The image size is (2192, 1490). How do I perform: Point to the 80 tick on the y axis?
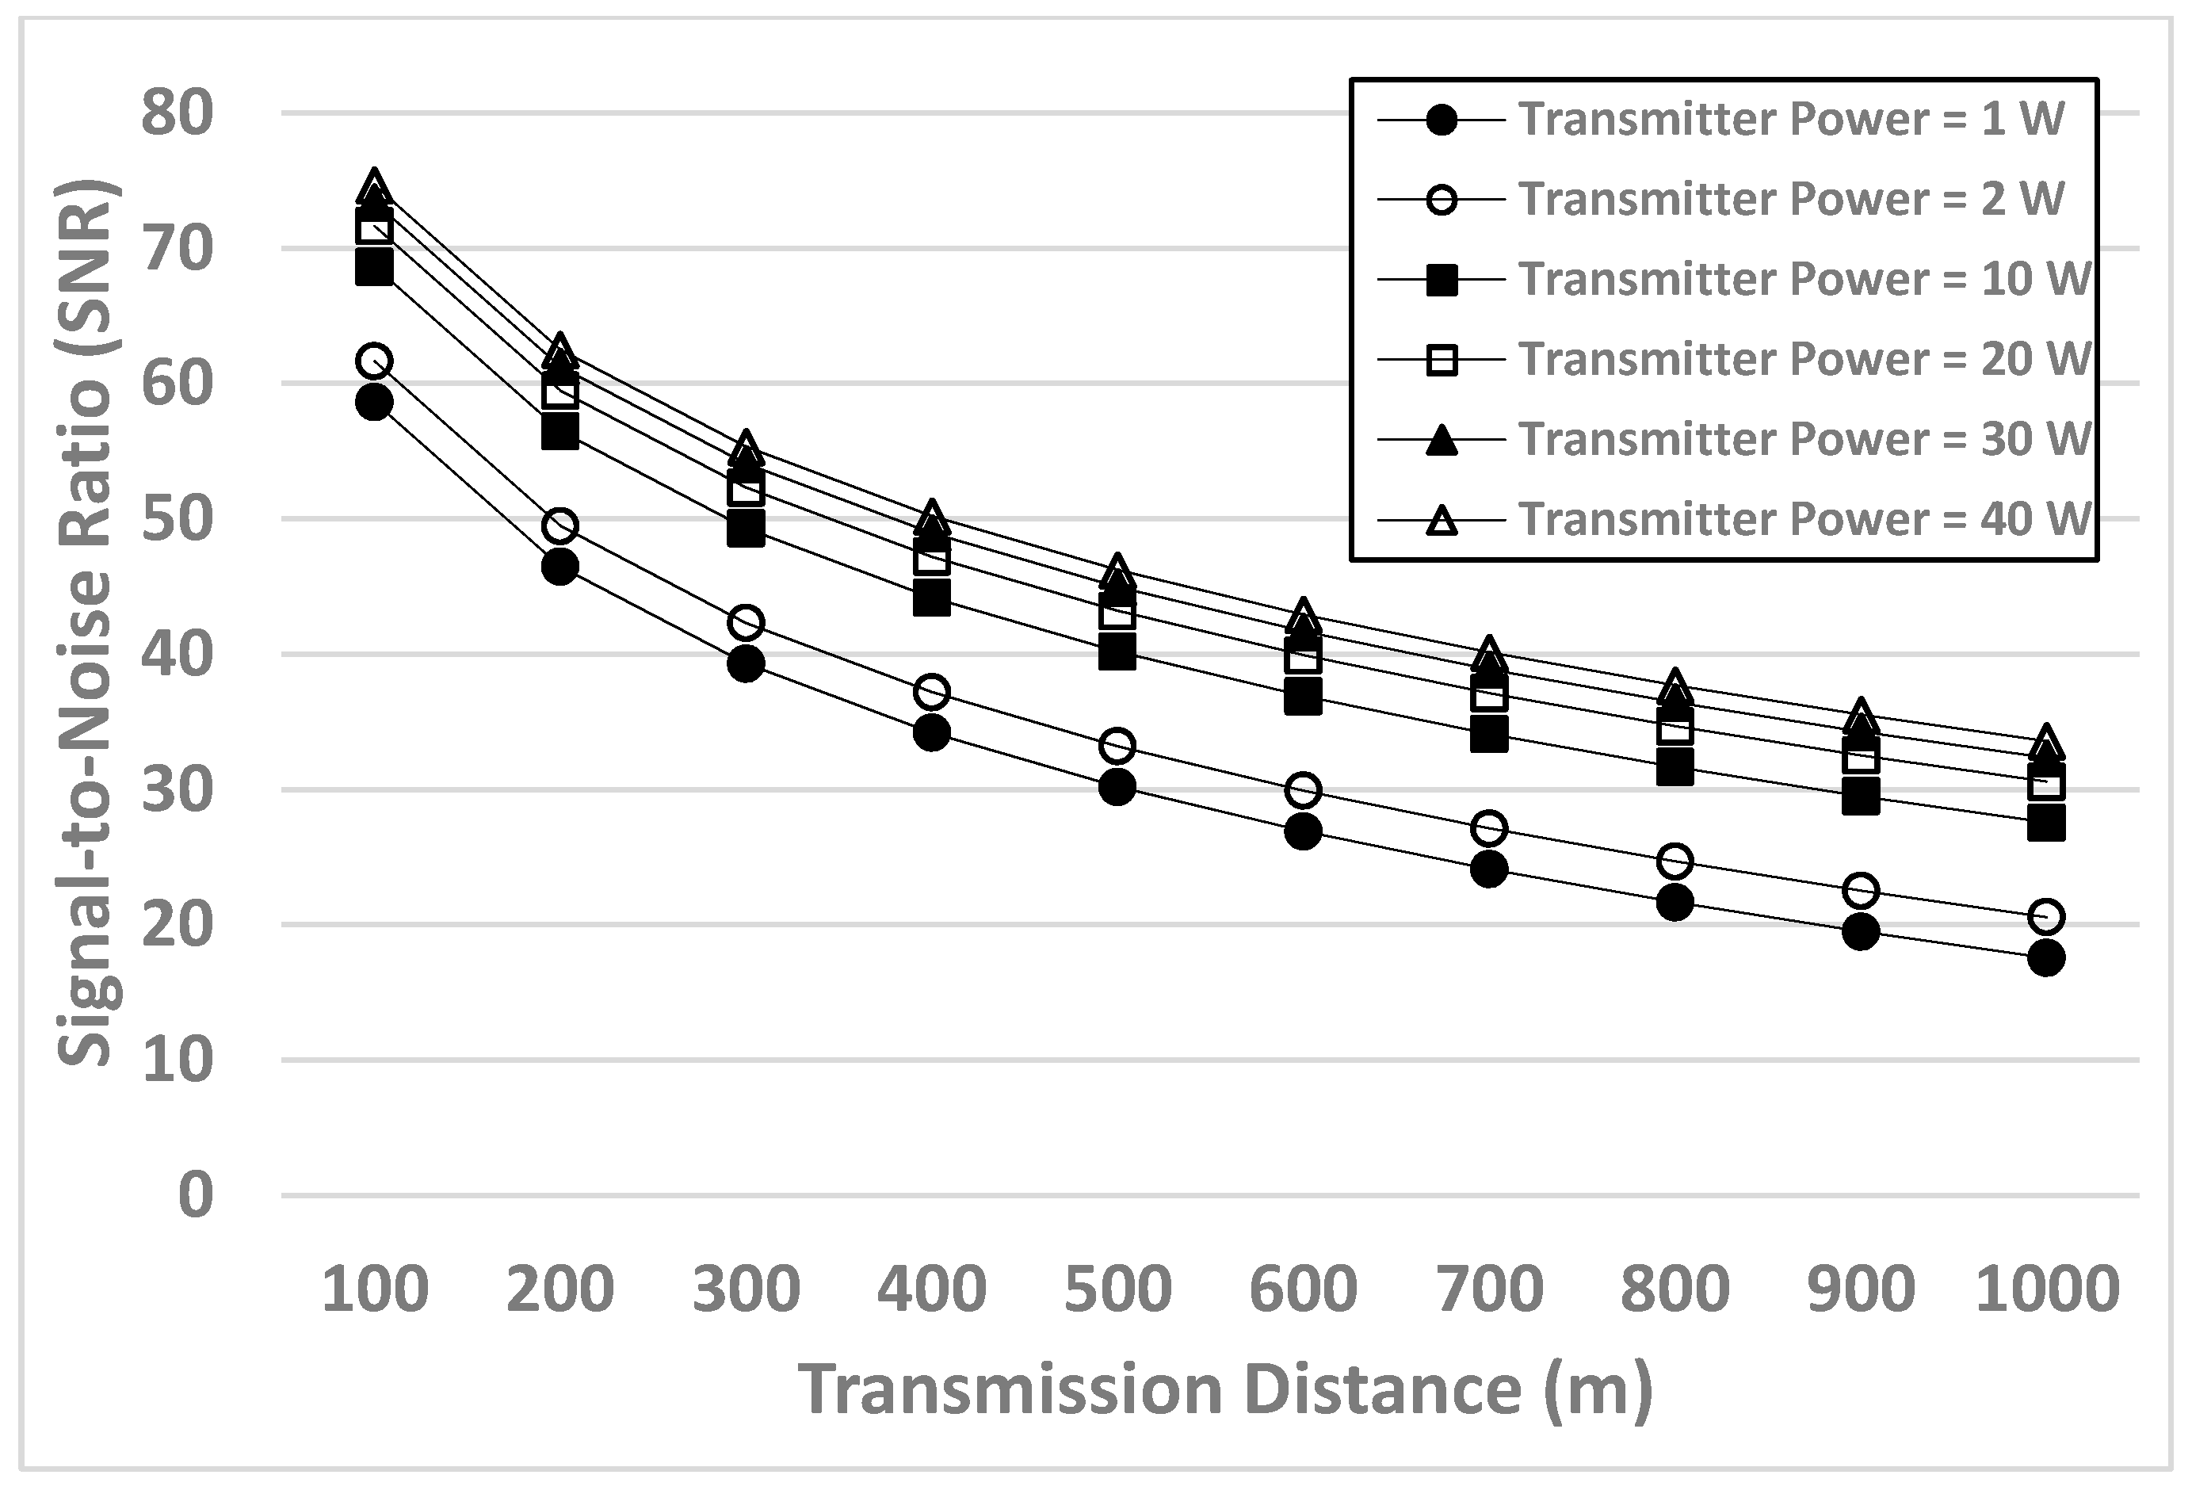(x=178, y=113)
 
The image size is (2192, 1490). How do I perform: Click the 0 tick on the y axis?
(x=197, y=1195)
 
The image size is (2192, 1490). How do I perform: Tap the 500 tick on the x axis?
(x=1117, y=1289)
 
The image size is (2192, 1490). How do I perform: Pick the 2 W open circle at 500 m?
(x=1117, y=746)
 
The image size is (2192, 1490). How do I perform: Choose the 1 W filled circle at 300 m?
(x=746, y=665)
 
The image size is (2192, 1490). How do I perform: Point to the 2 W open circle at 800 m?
(x=1675, y=861)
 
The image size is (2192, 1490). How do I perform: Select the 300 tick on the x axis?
(x=746, y=1289)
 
